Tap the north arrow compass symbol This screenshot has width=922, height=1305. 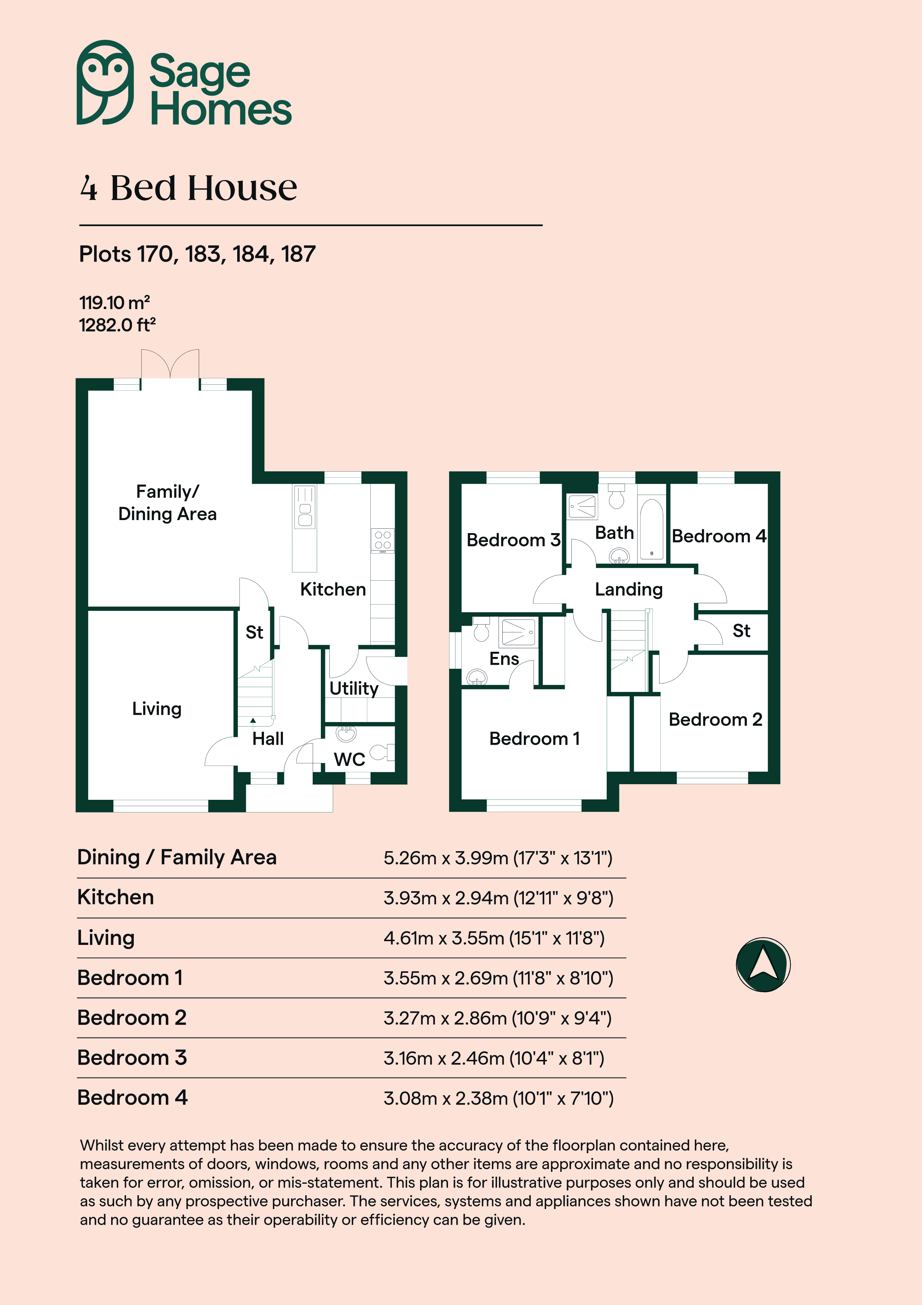(x=763, y=965)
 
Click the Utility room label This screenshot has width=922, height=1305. (x=354, y=688)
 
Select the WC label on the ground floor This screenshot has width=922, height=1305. (x=349, y=759)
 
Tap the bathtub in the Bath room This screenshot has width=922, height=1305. (x=652, y=530)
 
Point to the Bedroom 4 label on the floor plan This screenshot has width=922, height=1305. (x=719, y=536)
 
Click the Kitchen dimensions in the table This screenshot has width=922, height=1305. (x=498, y=898)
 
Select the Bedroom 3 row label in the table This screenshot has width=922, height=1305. (x=132, y=1058)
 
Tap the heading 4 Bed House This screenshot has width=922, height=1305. (x=188, y=188)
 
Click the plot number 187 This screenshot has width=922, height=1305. (x=298, y=254)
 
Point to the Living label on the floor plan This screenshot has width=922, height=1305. (x=157, y=709)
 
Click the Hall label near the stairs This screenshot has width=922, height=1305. (x=268, y=739)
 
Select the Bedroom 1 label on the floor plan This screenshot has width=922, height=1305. (x=535, y=739)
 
